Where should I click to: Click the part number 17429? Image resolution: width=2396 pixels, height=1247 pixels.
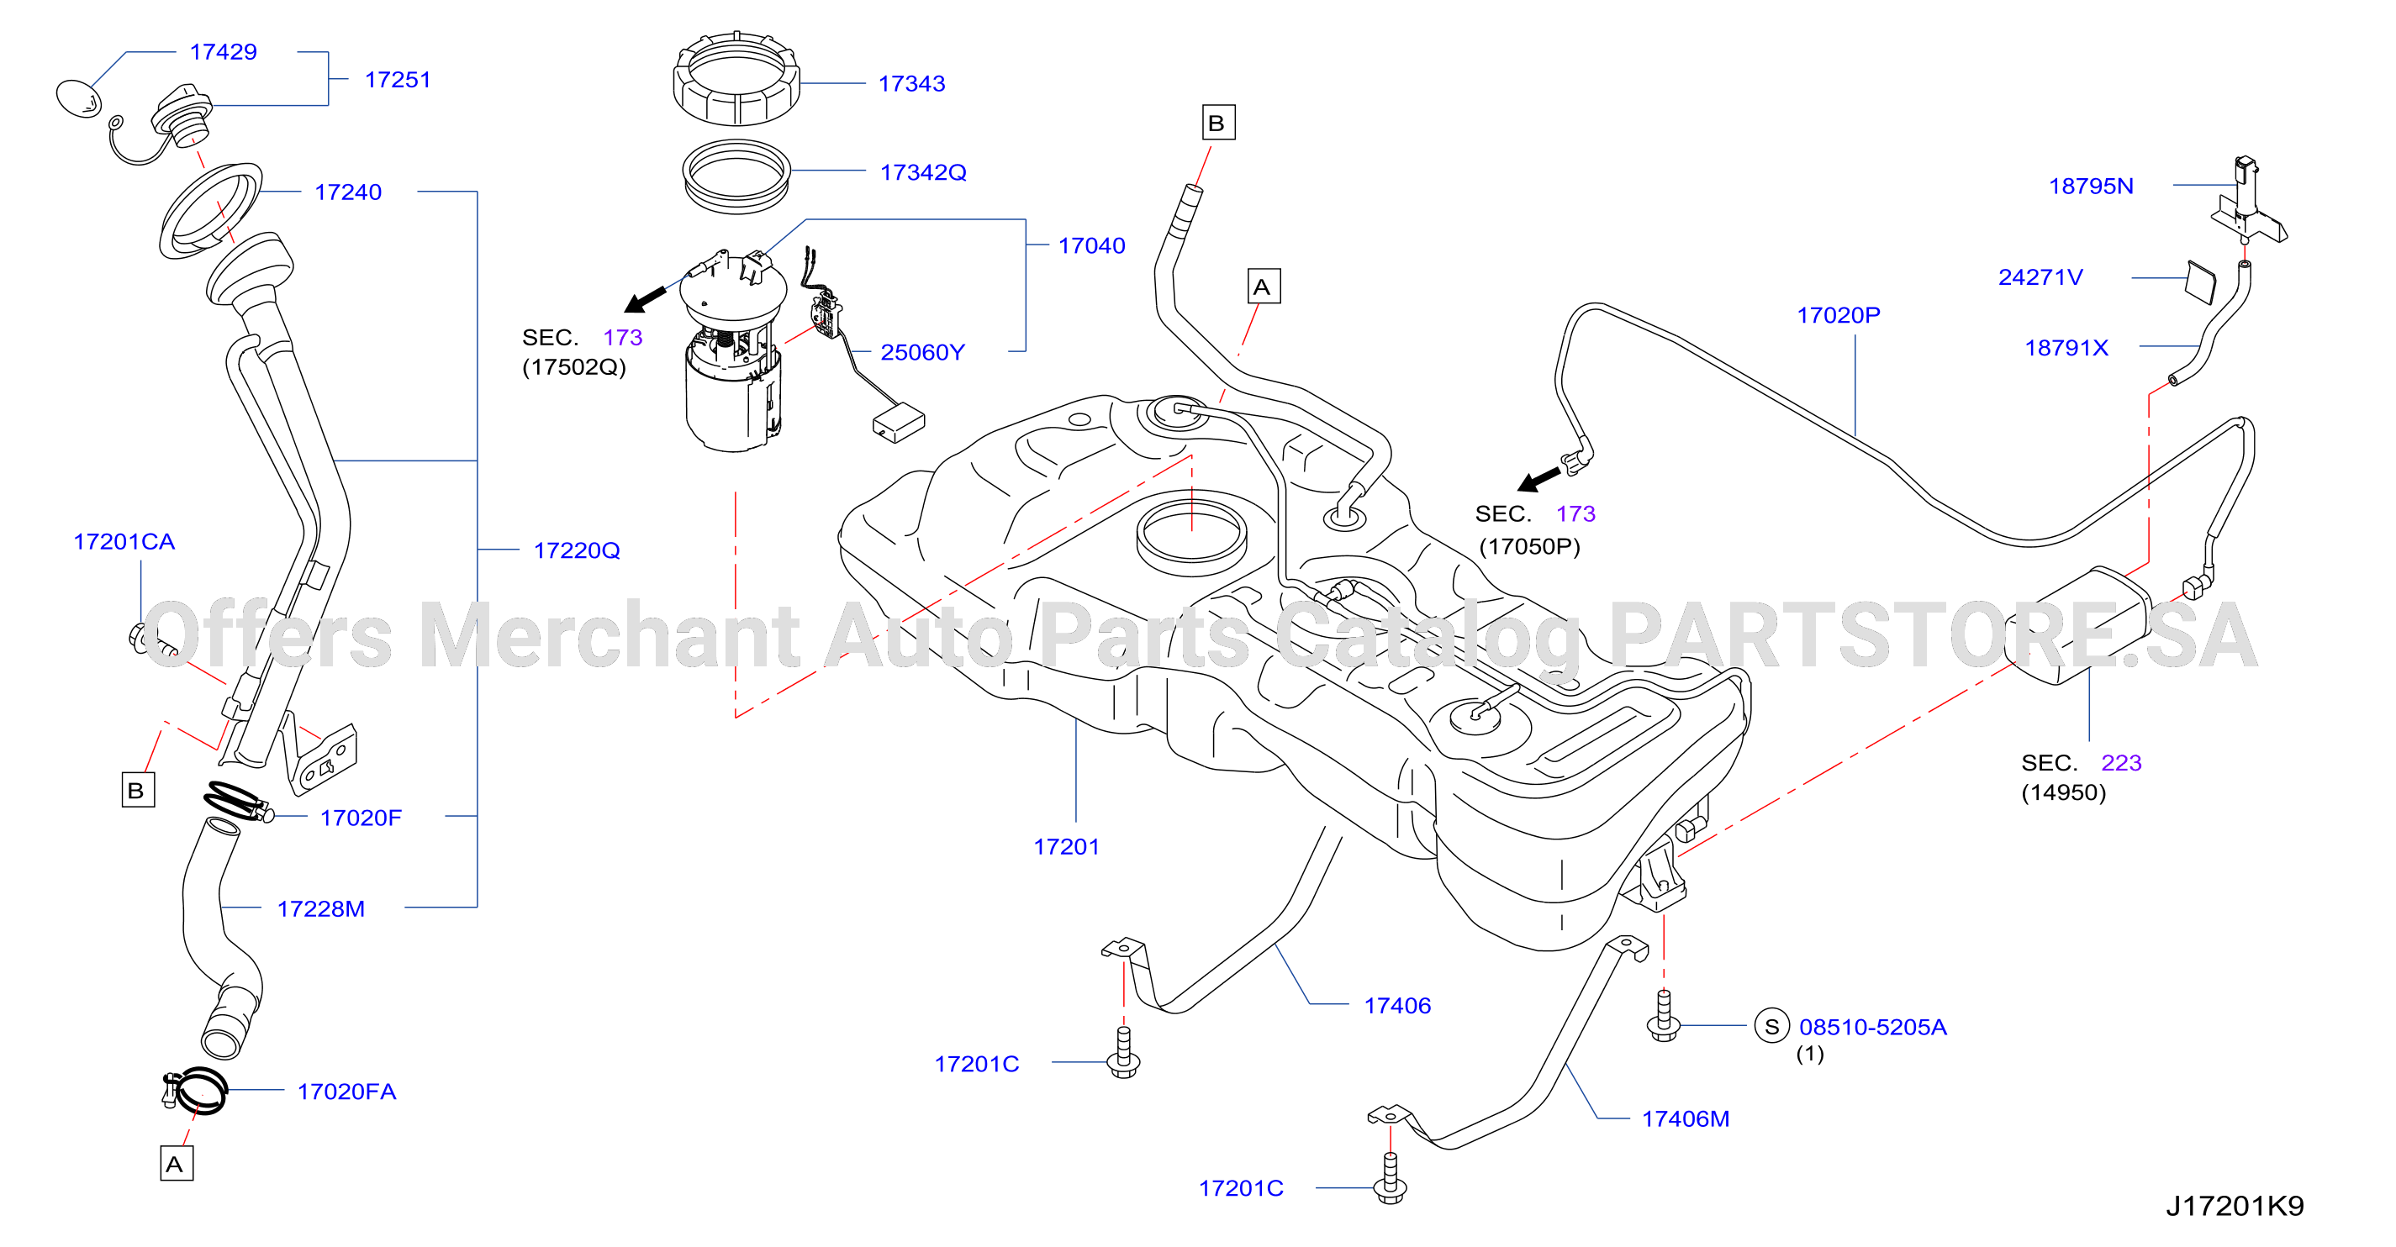point(224,52)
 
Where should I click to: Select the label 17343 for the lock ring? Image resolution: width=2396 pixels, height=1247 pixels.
point(911,84)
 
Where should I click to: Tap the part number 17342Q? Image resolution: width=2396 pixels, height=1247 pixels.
point(923,172)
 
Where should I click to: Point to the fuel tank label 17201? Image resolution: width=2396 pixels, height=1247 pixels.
point(1066,846)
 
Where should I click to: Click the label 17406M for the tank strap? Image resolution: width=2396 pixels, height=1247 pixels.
point(1686,1118)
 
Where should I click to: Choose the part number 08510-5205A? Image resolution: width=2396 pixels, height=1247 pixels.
point(1872,1027)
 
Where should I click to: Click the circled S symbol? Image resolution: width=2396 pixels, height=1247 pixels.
point(1772,1027)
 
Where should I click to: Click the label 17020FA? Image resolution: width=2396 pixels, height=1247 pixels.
point(346,1091)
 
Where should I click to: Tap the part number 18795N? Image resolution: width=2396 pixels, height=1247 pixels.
point(2091,186)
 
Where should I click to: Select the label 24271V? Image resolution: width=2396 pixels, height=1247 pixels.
point(2040,277)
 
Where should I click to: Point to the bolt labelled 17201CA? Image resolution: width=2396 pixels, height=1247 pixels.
point(151,642)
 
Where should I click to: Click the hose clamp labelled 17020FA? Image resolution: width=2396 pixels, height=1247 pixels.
point(195,1091)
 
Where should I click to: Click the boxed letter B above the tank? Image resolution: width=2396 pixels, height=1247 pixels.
point(1217,123)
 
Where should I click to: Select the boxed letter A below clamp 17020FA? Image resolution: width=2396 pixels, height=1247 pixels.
point(177,1163)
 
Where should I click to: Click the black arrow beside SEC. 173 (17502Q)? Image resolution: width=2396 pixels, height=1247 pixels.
point(646,298)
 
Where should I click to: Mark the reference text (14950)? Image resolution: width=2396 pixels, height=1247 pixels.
point(2063,792)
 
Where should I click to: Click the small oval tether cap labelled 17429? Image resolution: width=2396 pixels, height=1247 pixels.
point(79,97)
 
